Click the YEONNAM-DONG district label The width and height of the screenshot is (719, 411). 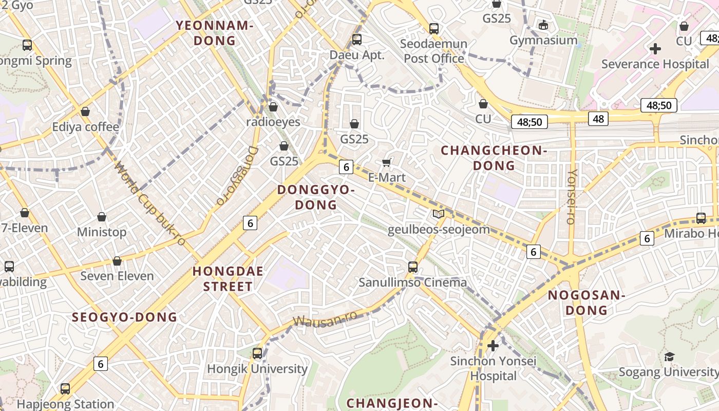215,32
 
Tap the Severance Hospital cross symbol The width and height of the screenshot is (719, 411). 655,49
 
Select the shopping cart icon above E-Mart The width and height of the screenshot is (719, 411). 387,163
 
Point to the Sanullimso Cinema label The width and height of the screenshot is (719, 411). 412,282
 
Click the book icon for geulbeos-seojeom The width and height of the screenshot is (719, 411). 439,214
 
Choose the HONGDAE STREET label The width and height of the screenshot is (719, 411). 228,278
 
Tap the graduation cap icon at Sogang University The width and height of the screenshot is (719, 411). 669,357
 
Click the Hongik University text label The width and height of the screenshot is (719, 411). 257,368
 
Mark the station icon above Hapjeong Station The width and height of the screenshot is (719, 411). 65,388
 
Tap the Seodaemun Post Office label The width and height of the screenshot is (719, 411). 433,51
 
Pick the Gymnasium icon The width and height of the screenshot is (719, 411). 543,24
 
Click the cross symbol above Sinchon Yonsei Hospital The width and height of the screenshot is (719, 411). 493,345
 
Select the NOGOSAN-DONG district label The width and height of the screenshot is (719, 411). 585,303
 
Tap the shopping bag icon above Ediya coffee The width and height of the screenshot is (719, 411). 85,111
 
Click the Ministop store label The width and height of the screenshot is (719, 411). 102,232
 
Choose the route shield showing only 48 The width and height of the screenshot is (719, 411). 598,119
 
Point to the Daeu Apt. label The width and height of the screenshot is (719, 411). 357,55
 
